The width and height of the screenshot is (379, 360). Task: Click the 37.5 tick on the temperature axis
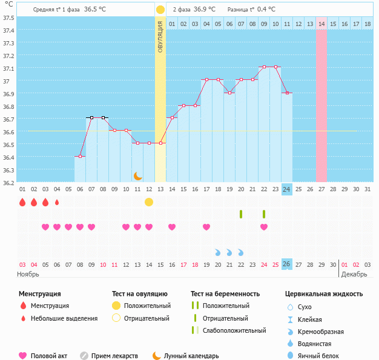(x=8, y=18)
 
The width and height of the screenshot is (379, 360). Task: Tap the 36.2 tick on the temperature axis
(x=8, y=182)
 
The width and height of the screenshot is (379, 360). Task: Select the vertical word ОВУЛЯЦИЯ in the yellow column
(x=160, y=36)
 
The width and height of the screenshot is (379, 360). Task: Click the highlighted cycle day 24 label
(x=286, y=189)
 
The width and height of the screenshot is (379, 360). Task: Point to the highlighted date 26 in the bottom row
(x=286, y=264)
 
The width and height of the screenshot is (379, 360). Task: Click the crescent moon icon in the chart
(x=138, y=175)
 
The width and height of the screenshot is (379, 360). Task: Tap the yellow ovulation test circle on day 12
(x=149, y=202)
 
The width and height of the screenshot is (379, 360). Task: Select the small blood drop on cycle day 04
(x=57, y=202)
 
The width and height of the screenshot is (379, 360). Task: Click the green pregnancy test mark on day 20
(x=241, y=214)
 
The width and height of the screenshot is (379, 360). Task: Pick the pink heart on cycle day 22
(x=264, y=227)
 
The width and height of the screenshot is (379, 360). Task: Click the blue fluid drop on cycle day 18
(x=218, y=252)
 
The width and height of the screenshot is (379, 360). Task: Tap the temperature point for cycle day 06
(x=80, y=157)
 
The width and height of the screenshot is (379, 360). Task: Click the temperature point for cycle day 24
(x=287, y=93)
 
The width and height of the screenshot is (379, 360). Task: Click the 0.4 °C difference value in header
(x=266, y=10)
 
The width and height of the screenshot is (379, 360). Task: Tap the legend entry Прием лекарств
(x=114, y=356)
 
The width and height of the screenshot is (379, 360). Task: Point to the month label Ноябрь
(x=28, y=274)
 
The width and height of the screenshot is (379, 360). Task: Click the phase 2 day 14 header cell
(x=321, y=24)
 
